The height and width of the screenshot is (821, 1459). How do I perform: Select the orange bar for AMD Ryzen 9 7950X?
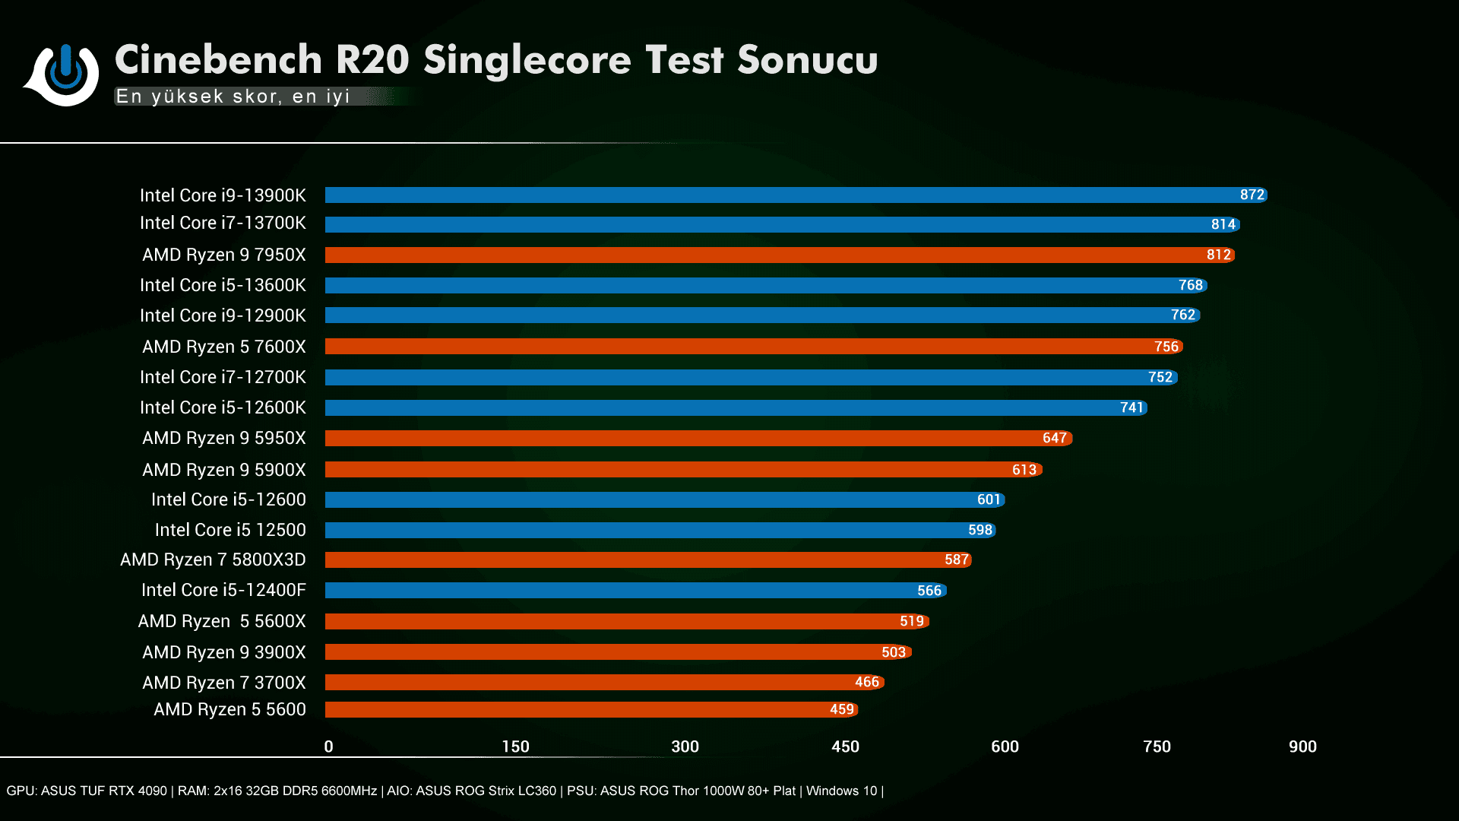(x=760, y=255)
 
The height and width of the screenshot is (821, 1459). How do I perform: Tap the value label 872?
(x=1252, y=195)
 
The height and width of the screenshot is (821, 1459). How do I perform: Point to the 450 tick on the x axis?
(x=845, y=747)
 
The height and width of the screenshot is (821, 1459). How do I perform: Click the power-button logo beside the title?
(x=65, y=74)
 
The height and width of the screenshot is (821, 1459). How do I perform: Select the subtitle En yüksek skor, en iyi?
(x=233, y=97)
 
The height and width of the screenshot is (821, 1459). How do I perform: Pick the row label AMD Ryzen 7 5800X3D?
(x=213, y=560)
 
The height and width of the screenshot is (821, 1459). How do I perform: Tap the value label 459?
(x=841, y=709)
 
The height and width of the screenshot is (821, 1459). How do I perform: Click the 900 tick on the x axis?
(x=1302, y=747)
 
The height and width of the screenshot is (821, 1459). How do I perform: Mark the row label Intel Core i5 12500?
(x=230, y=530)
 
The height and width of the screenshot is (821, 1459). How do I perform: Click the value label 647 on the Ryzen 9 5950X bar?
(x=1054, y=438)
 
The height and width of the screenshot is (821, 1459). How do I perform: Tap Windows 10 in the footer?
(x=841, y=791)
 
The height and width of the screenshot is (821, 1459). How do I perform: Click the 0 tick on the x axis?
(x=328, y=747)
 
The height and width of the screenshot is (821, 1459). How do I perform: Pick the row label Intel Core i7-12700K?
(x=223, y=377)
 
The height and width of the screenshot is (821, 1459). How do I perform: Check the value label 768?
(x=1190, y=285)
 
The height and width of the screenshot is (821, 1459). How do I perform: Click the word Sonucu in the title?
(x=807, y=60)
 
